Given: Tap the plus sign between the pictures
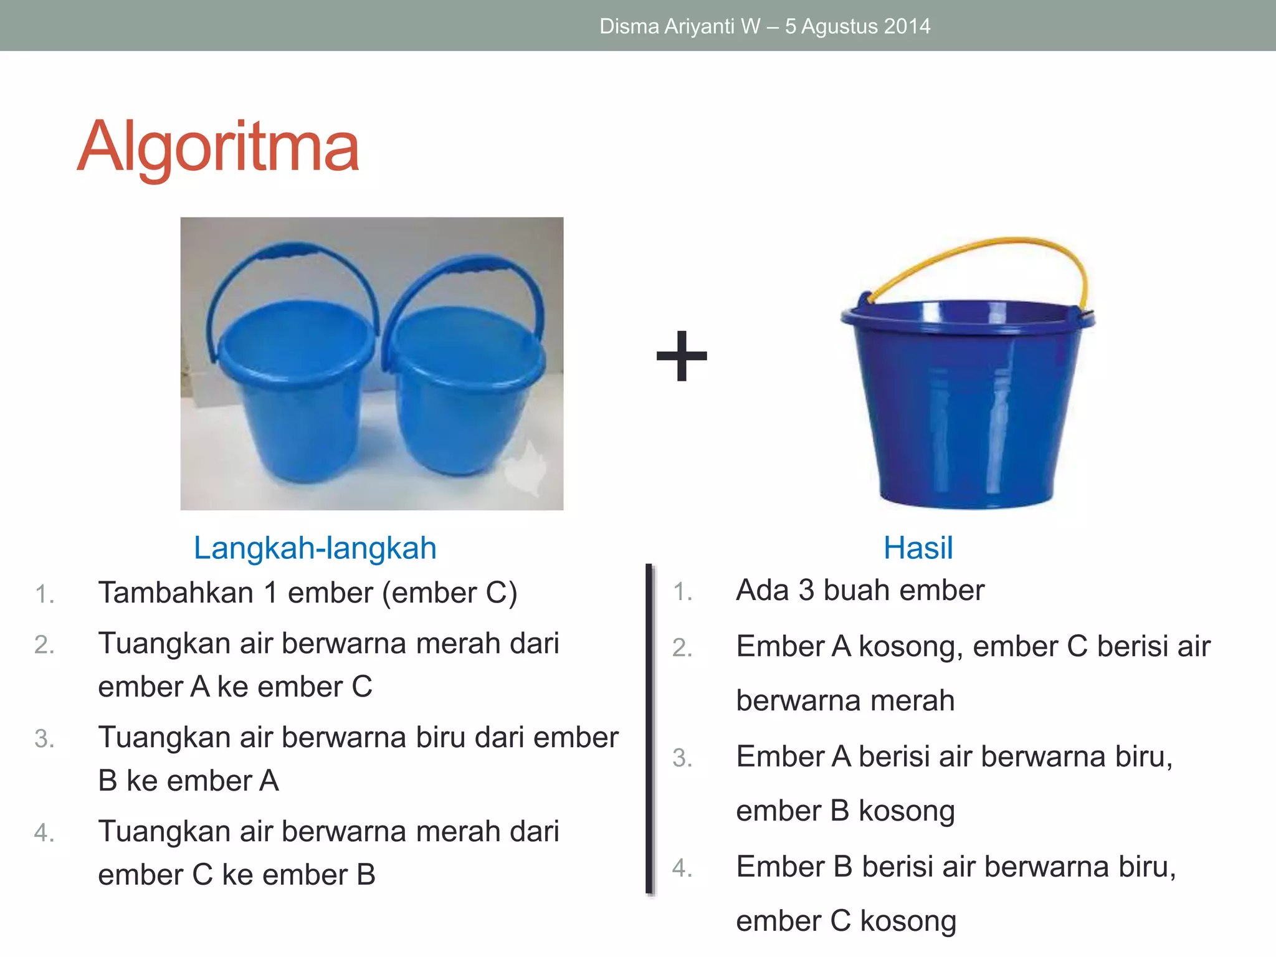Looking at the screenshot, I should click(x=682, y=356).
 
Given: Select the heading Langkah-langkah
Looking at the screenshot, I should click(x=315, y=548).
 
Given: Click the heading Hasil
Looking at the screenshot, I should click(x=918, y=548).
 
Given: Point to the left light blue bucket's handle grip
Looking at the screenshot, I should click(x=287, y=250).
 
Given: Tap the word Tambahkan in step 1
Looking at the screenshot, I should click(x=175, y=593).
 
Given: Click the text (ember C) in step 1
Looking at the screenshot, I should click(x=449, y=593).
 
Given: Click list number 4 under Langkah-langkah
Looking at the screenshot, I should click(x=44, y=833).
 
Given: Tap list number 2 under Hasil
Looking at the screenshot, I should click(x=682, y=648).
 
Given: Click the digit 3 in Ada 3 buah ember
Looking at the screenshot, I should click(x=806, y=590).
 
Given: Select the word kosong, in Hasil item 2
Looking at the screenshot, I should click(x=910, y=647).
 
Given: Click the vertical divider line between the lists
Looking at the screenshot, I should click(x=649, y=729).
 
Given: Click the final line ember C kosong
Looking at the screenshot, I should click(x=845, y=921).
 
